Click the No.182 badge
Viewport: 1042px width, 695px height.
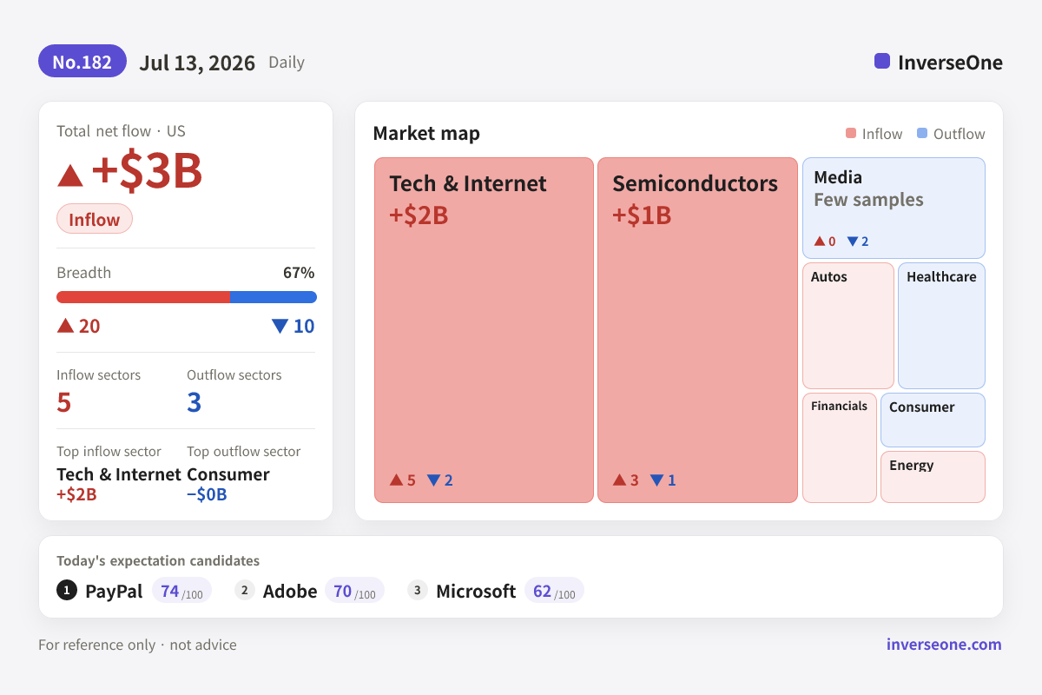(x=82, y=61)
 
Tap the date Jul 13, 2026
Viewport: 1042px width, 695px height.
(x=197, y=63)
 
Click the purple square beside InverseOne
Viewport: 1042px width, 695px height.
(x=882, y=61)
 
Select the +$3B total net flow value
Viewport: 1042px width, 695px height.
(x=147, y=170)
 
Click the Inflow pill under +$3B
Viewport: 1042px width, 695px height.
(x=95, y=219)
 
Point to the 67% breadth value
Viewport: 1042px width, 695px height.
(x=299, y=272)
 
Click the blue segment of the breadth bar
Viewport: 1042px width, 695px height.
(x=274, y=297)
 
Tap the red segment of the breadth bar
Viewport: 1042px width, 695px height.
(x=143, y=297)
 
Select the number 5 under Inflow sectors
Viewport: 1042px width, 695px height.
(x=63, y=402)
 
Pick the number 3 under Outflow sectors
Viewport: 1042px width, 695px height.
(x=194, y=402)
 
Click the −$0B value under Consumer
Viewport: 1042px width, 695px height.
(x=207, y=494)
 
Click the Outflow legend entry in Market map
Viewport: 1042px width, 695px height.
(x=951, y=134)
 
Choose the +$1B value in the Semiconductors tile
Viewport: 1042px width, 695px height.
(x=642, y=215)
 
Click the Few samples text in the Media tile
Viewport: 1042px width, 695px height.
(x=868, y=200)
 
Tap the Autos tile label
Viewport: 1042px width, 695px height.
(x=829, y=277)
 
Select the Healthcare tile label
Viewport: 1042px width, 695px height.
(x=941, y=277)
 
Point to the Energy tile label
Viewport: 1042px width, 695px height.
(x=911, y=466)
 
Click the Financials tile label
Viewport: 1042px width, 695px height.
(x=839, y=406)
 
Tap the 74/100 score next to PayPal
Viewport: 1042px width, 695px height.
(x=181, y=591)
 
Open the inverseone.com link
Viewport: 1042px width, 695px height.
(x=944, y=645)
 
